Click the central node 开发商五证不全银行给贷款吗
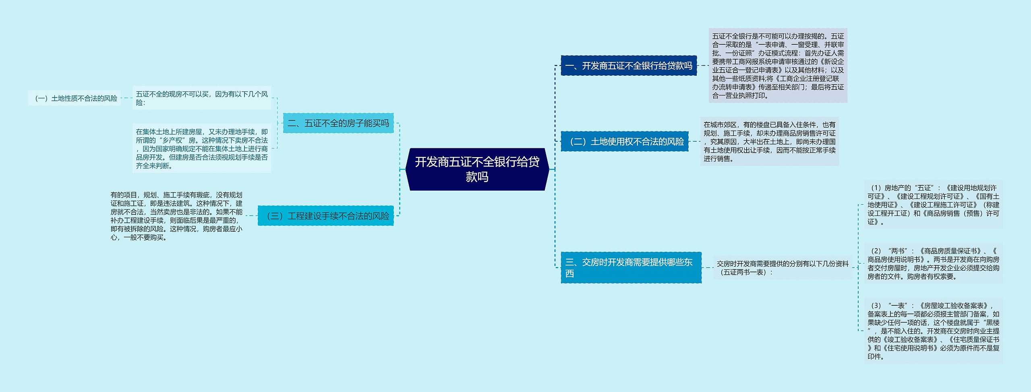pos(477,169)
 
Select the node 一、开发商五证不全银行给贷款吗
pos(628,66)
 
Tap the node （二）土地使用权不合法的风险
pos(624,141)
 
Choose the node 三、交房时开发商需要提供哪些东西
pos(631,268)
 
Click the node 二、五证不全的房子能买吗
pos(338,123)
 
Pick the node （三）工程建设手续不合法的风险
pos(325,216)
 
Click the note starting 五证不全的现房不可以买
pos(201,98)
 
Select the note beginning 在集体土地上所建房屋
pos(201,148)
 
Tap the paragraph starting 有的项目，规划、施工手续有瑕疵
pos(176,216)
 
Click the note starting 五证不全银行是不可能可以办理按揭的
pos(778,66)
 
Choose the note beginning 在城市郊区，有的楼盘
pos(769,141)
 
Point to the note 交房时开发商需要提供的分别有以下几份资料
pos(782,268)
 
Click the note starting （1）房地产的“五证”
pos(933,204)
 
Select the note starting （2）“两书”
pos(933,263)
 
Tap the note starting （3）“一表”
pos(933,331)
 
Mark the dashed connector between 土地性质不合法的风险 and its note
pos(126,98)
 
